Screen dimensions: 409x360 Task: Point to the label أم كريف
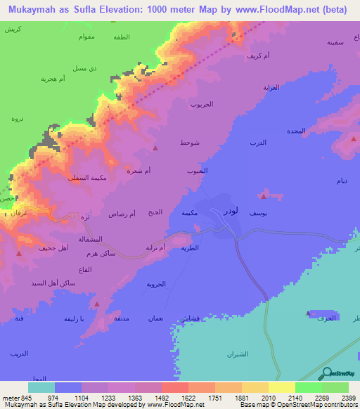pyautogui.click(x=257, y=56)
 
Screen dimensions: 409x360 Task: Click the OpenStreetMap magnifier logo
pyautogui.click(x=328, y=375)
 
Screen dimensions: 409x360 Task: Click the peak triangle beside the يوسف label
pyautogui.click(x=264, y=190)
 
